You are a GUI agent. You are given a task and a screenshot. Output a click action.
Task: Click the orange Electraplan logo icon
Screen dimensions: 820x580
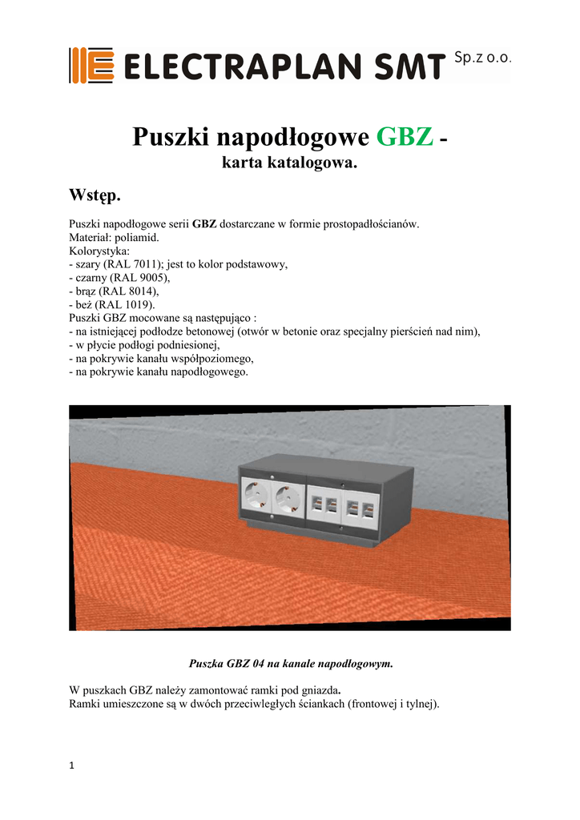pos(91,65)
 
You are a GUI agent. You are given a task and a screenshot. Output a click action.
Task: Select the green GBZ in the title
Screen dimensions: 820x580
pos(405,138)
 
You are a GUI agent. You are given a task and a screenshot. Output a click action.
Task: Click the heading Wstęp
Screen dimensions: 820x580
pos(95,195)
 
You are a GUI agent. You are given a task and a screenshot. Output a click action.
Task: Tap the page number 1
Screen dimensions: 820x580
pos(72,766)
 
